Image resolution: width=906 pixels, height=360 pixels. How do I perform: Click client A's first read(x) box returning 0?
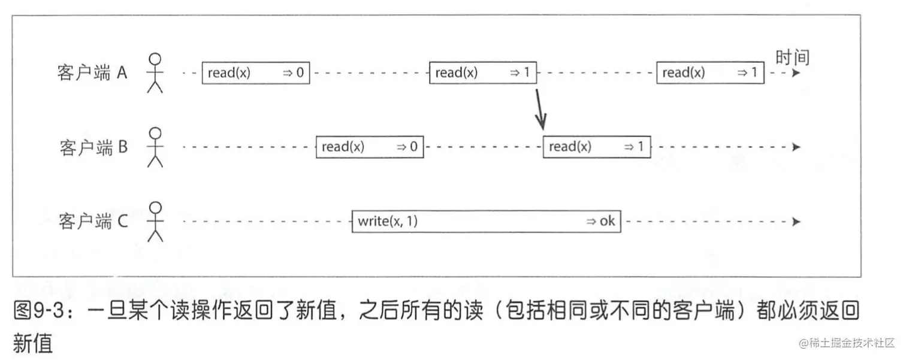[x=255, y=73]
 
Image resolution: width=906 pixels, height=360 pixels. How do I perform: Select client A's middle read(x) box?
[x=483, y=73]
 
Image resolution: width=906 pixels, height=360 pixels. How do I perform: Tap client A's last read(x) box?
[x=710, y=73]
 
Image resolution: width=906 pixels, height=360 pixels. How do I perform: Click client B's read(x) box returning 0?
[x=370, y=147]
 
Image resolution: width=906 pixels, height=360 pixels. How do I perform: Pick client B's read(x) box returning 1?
[x=597, y=147]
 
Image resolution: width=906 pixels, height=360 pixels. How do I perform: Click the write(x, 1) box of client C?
[x=486, y=222]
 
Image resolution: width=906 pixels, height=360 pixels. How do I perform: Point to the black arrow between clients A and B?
[x=539, y=110]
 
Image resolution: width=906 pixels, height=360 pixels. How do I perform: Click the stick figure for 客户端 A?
[x=155, y=73]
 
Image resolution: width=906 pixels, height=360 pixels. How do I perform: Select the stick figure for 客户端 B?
[x=155, y=147]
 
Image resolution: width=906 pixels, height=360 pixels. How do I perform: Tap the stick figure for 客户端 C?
[x=155, y=222]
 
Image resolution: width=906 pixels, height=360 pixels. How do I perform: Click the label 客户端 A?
[x=92, y=74]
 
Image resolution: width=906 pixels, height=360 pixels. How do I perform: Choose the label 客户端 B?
[x=93, y=147]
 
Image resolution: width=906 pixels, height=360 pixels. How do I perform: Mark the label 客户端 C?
[x=93, y=222]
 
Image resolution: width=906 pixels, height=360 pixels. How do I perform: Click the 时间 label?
[x=792, y=58]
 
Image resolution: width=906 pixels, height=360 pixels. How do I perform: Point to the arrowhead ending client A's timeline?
[x=796, y=73]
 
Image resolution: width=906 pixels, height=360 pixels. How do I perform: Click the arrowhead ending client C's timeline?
[x=796, y=222]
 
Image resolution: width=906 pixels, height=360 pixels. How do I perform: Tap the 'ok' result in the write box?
[x=606, y=222]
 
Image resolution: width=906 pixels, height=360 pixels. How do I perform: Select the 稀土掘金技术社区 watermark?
[x=844, y=343]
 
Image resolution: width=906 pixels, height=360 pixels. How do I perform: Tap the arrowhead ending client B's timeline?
[x=796, y=147]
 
